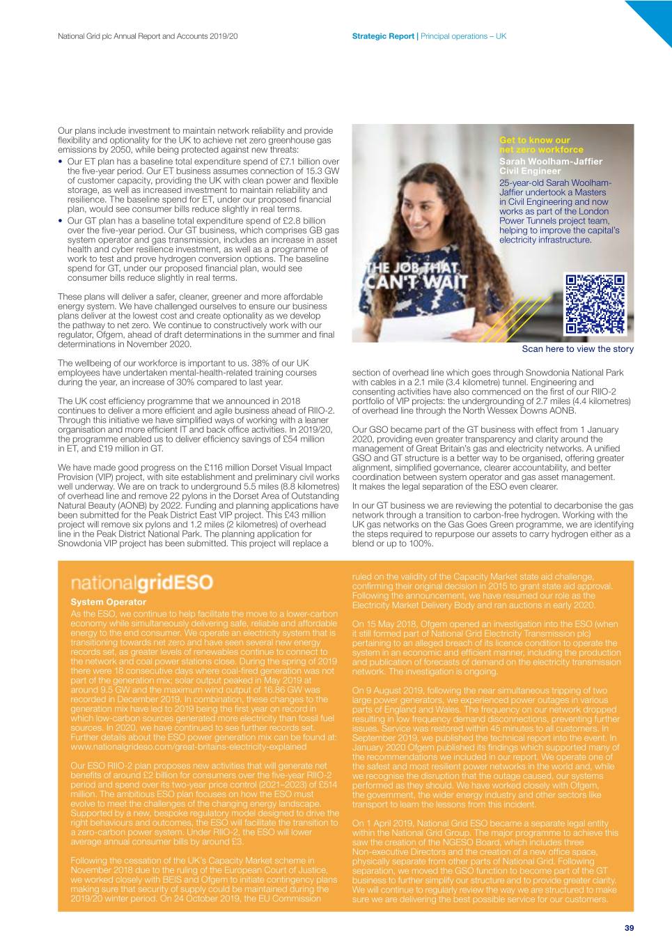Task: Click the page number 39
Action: click(629, 927)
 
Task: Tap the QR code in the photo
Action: click(595, 304)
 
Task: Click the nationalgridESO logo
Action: click(142, 583)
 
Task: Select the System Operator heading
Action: click(109, 602)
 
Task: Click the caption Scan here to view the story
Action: click(577, 349)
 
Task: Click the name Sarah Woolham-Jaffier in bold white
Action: click(551, 161)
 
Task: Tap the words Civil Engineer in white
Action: click(529, 171)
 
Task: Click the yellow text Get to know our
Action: click(534, 140)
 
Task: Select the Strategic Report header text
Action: click(383, 36)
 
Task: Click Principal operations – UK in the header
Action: click(464, 36)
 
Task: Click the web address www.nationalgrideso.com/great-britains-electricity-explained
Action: click(188, 746)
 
